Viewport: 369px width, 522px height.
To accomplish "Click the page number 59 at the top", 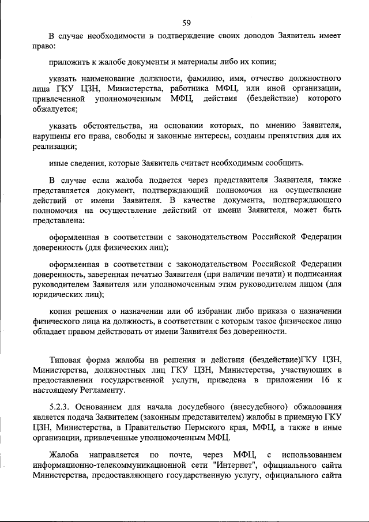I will [186, 23].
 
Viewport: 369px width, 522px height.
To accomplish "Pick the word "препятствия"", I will [271, 136].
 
